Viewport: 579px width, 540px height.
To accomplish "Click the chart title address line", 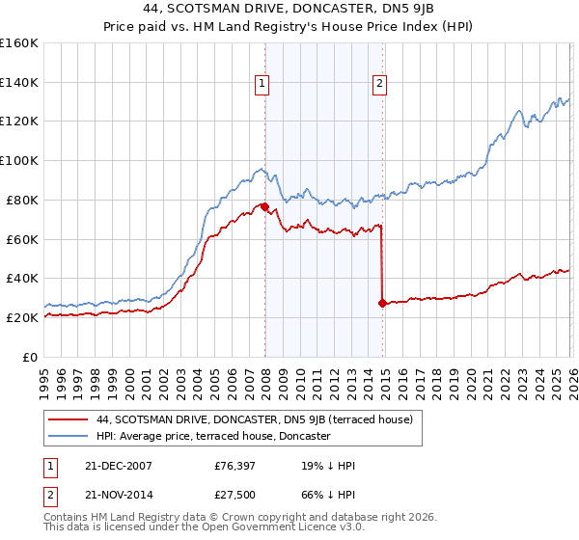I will [x=289, y=9].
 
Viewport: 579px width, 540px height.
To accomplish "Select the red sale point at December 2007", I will [x=264, y=206].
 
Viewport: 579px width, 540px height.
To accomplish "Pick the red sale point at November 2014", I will [x=382, y=303].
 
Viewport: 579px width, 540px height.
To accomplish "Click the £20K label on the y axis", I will [x=22, y=317].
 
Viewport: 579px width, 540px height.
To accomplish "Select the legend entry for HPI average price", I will [x=213, y=436].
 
